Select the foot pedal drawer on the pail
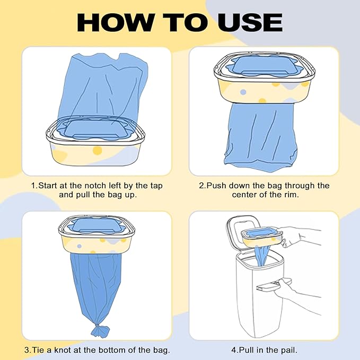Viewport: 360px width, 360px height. [x=273, y=284]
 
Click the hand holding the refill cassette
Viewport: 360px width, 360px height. [x=298, y=236]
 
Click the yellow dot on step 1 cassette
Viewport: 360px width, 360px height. [x=97, y=151]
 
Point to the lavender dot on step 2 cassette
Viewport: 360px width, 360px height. [x=243, y=92]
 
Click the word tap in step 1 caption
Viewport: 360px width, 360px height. [x=156, y=186]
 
